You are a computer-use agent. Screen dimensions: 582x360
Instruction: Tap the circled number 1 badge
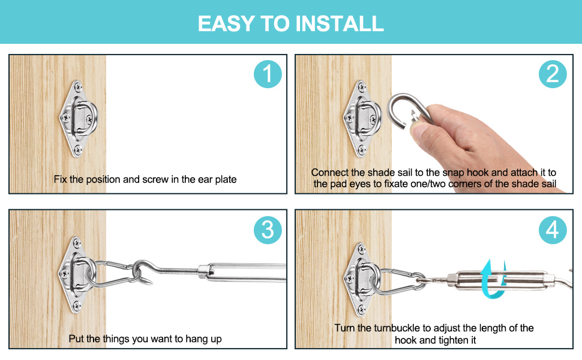pyautogui.click(x=268, y=74)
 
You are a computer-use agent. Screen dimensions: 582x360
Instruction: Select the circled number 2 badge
pyautogui.click(x=553, y=74)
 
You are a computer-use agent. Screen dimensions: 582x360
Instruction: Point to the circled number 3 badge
pyautogui.click(x=268, y=230)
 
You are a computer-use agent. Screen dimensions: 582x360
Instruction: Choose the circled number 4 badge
pyautogui.click(x=553, y=230)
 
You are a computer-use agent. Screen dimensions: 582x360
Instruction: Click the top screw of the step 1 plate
pyautogui.click(x=77, y=87)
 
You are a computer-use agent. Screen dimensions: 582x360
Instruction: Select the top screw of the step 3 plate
pyautogui.click(x=76, y=243)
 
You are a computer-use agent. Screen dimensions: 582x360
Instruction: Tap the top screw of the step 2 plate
pyautogui.click(x=362, y=87)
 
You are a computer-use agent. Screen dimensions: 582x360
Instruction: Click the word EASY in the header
pyautogui.click(x=226, y=24)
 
